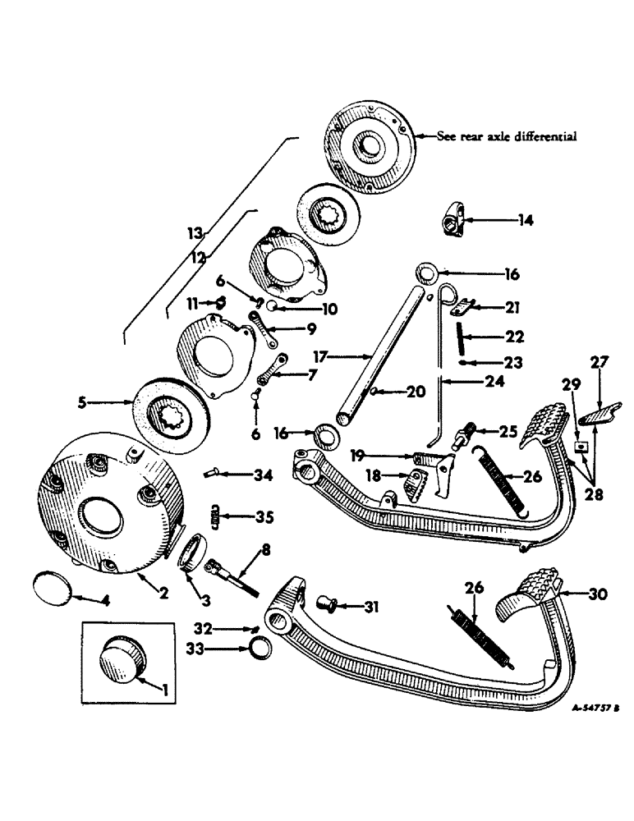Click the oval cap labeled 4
pyautogui.click(x=52, y=588)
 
